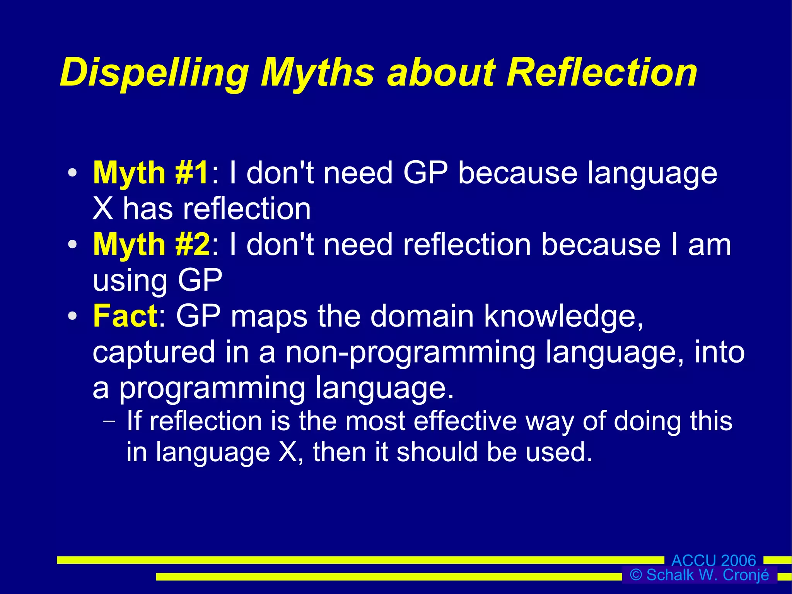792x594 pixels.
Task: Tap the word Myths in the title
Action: [317, 73]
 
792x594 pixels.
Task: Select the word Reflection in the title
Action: [602, 72]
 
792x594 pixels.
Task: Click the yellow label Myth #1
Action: [151, 173]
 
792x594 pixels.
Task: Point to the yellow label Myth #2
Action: [151, 245]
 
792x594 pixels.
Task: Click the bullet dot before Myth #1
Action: [72, 173]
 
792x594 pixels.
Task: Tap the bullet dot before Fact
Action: [72, 316]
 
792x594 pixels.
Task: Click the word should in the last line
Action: [437, 452]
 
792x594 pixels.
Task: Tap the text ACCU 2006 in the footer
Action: [713, 560]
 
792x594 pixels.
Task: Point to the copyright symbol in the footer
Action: [636, 575]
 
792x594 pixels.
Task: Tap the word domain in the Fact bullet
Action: [422, 317]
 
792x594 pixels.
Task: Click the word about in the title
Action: [441, 73]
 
